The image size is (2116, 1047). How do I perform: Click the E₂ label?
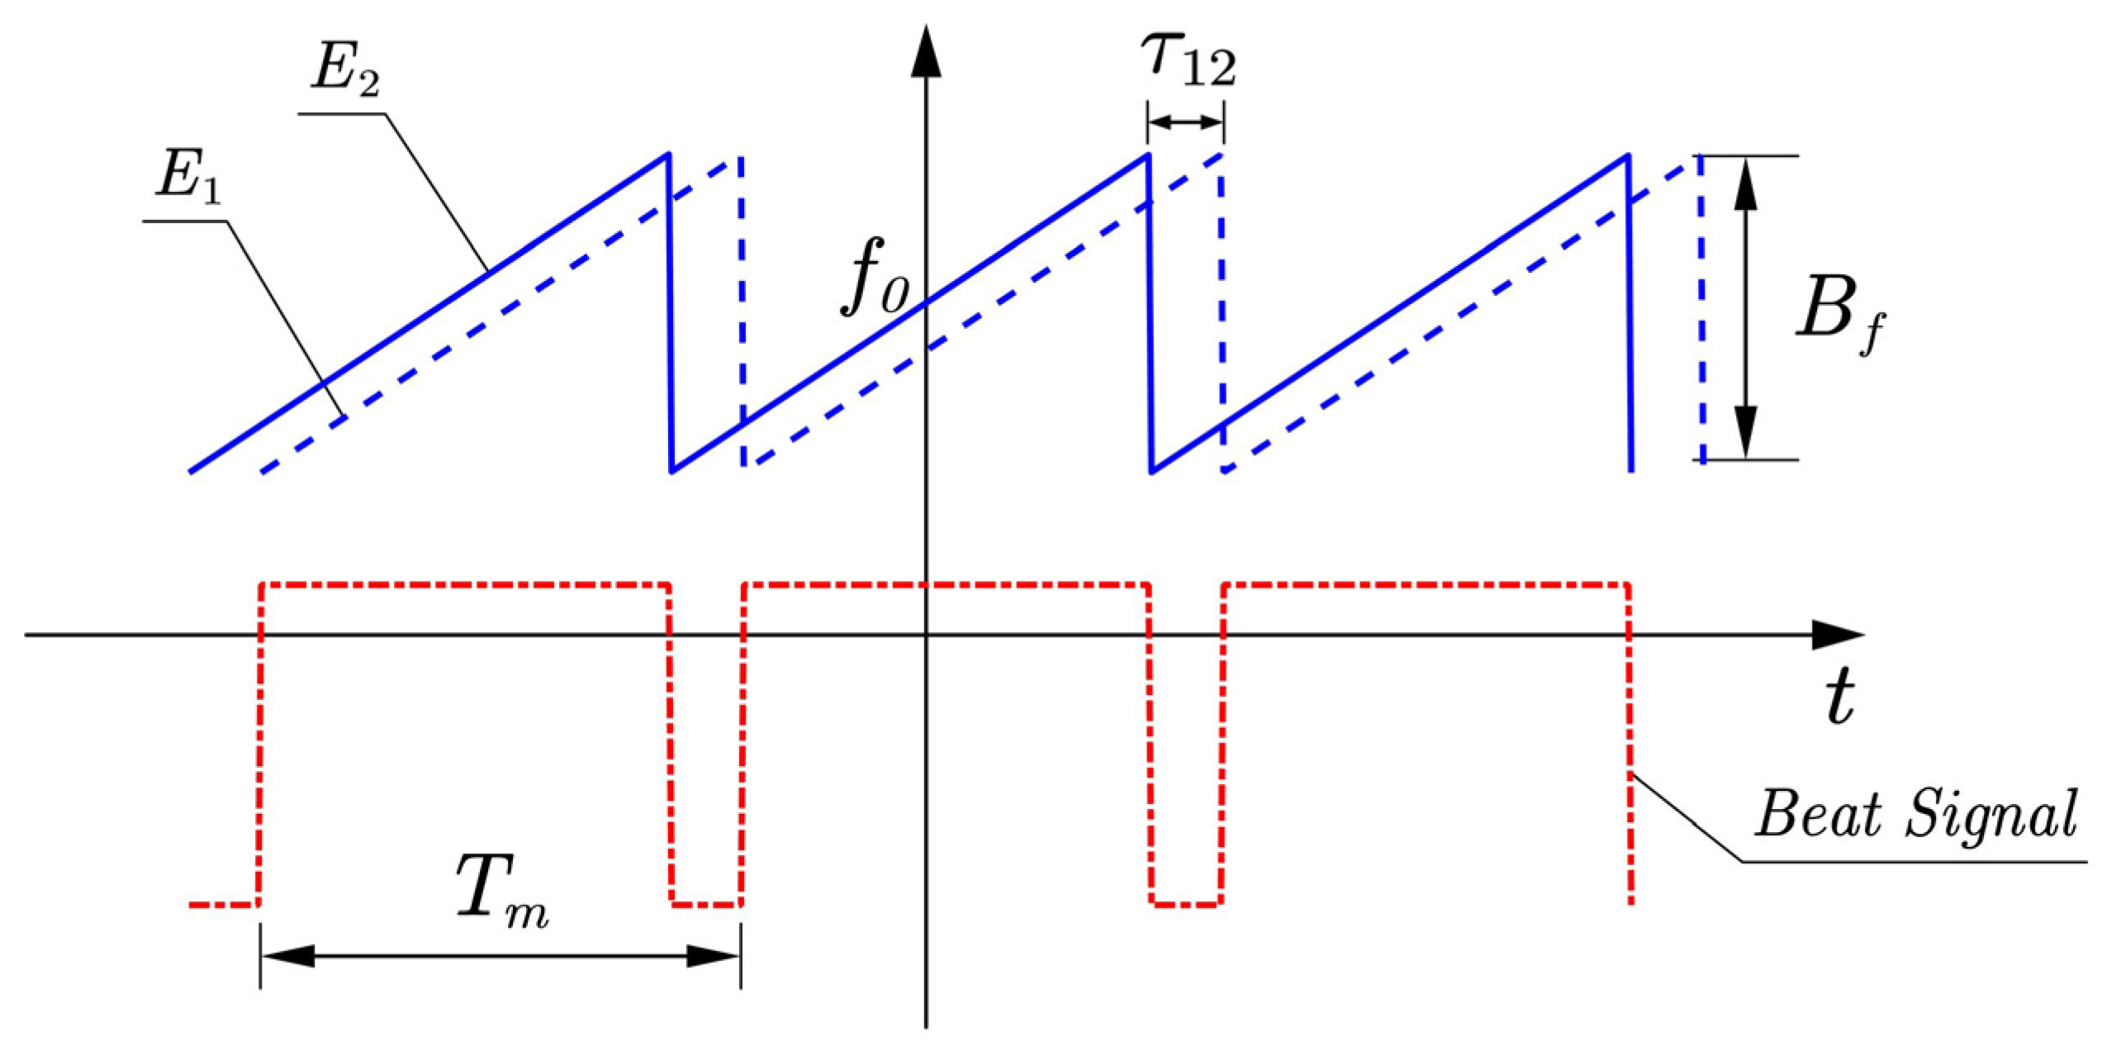pyautogui.click(x=345, y=68)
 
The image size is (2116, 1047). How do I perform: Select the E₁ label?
pyautogui.click(x=189, y=176)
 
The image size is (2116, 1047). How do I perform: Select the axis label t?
pyautogui.click(x=1839, y=697)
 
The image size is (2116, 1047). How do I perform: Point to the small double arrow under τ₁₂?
pyautogui.click(x=1185, y=123)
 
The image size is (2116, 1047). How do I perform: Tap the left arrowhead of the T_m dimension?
pyautogui.click(x=287, y=956)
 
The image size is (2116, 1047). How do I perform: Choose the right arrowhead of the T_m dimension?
pyautogui.click(x=714, y=956)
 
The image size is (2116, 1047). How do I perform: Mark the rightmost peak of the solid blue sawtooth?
pyautogui.click(x=1627, y=155)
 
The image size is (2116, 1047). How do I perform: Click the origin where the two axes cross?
pyautogui.click(x=926, y=635)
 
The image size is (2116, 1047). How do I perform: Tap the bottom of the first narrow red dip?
pyautogui.click(x=706, y=904)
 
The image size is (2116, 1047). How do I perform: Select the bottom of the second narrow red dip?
pyautogui.click(x=1186, y=904)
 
